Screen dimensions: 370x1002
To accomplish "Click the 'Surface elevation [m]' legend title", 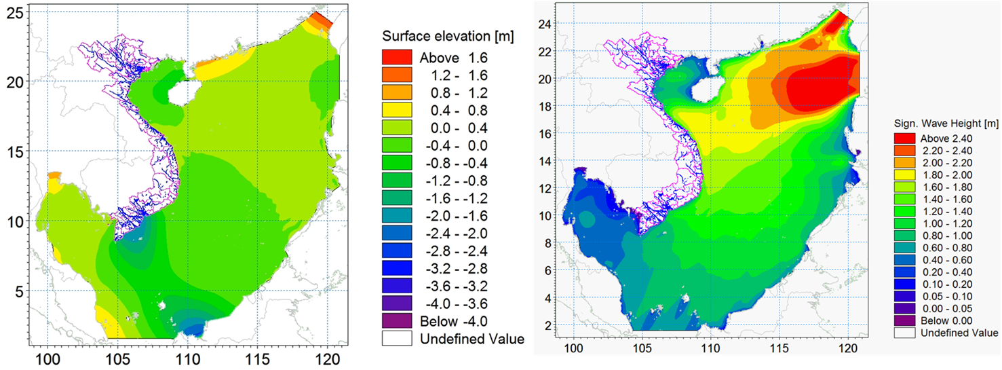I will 448,35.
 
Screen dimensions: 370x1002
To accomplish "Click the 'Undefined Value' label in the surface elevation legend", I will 472,339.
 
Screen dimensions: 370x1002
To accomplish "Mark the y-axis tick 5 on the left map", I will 19,291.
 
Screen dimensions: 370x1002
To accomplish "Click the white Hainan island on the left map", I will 185,93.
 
